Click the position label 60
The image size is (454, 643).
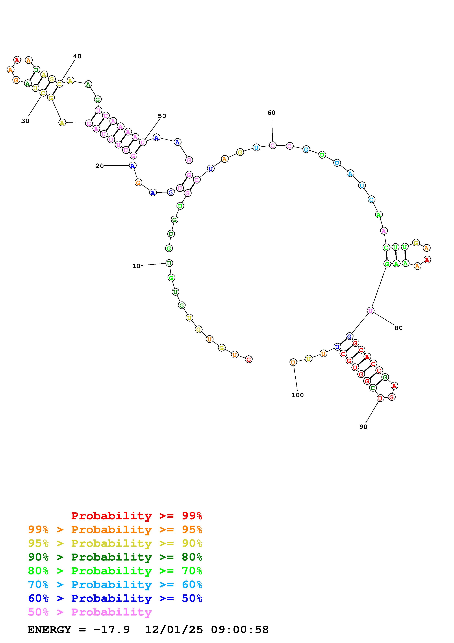click(271, 113)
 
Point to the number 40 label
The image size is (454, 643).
click(77, 56)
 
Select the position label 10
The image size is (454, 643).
click(136, 266)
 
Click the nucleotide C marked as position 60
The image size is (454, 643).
click(273, 145)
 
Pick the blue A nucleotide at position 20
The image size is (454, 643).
click(133, 166)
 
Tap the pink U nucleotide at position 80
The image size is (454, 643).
click(370, 311)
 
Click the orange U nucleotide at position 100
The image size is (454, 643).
click(293, 362)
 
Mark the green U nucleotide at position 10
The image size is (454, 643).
click(169, 263)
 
